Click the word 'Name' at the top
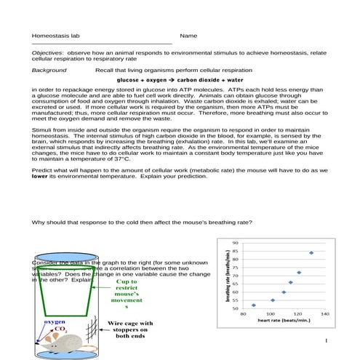tap(188, 36)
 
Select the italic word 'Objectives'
tap(47, 53)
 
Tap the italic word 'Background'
tap(49, 71)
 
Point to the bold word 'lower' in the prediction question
tap(40, 175)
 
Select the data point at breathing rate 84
tap(311, 253)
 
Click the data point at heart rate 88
tap(253, 305)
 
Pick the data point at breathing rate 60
tap(284, 292)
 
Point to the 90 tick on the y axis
tap(235, 243)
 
